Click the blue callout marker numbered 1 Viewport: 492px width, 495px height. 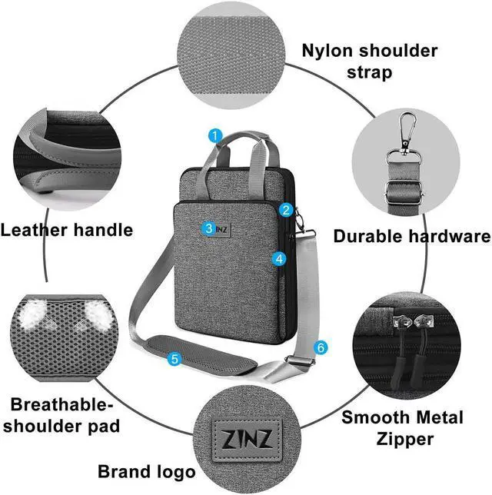(215, 136)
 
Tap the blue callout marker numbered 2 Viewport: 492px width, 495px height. (285, 209)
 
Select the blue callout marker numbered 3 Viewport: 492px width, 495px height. (209, 228)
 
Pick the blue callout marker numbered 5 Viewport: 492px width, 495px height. (175, 358)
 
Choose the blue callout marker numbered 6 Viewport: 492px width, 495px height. (321, 347)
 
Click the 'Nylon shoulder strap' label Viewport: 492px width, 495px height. (369, 61)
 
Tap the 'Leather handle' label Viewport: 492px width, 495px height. (67, 229)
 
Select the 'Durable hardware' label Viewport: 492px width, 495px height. (411, 236)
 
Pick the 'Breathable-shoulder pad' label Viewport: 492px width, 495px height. (65, 414)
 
